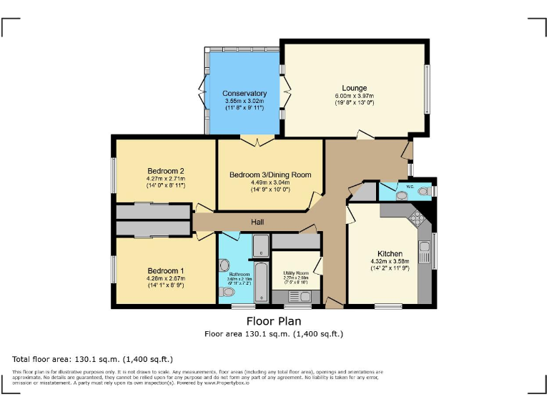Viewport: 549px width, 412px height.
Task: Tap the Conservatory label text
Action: [x=244, y=94]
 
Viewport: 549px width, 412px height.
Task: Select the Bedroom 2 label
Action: [x=166, y=171]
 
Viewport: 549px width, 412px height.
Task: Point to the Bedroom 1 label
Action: [x=166, y=270]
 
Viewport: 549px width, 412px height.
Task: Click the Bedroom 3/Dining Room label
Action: [x=270, y=175]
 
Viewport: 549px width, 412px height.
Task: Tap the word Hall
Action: [x=257, y=222]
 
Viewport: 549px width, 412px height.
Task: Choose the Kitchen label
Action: [x=390, y=254]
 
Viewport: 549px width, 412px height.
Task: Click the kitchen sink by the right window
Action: [x=425, y=252]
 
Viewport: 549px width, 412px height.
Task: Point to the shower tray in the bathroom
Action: [x=260, y=245]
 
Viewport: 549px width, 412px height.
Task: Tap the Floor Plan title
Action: [x=274, y=321]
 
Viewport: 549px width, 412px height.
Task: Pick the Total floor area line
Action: [x=92, y=358]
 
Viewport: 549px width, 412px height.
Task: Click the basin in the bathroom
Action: [x=224, y=263]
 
